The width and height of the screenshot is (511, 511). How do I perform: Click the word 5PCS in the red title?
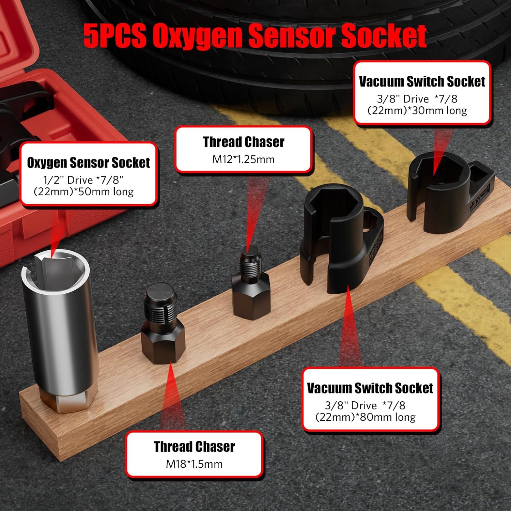(x=115, y=36)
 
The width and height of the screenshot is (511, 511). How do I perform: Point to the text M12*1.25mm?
(x=243, y=159)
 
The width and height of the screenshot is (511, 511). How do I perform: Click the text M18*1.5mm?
(x=194, y=464)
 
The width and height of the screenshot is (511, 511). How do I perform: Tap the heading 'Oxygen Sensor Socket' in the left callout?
(x=88, y=163)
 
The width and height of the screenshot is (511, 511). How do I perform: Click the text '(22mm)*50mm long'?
(x=83, y=191)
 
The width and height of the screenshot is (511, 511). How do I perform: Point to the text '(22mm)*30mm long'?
(x=417, y=110)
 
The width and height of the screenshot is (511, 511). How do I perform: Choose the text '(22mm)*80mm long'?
(x=366, y=417)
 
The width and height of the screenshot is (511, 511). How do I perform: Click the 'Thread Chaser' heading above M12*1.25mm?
(x=244, y=142)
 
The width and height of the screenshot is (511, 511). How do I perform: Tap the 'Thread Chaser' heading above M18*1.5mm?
(x=194, y=447)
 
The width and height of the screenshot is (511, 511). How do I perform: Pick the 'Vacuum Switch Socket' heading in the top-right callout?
(x=422, y=81)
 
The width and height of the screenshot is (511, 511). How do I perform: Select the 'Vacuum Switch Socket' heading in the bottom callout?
(x=370, y=388)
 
